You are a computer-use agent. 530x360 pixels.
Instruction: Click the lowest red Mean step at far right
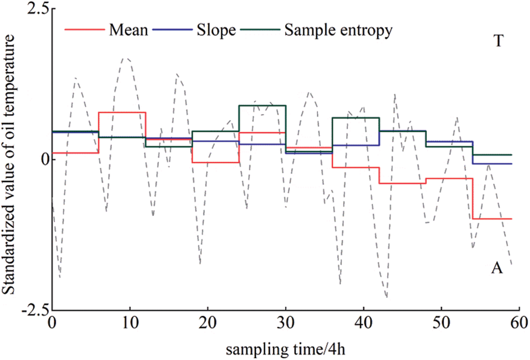click(x=492, y=219)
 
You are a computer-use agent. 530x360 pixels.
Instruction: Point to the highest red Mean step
click(x=122, y=112)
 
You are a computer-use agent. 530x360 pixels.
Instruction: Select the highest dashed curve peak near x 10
click(x=125, y=58)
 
